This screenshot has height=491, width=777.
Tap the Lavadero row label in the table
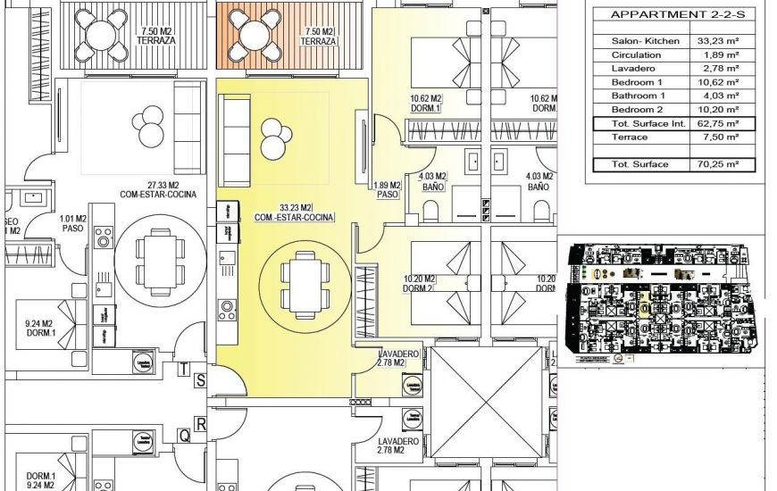[631, 68]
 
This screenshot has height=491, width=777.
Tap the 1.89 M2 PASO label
[387, 189]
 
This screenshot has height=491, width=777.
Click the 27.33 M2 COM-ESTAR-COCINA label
[157, 188]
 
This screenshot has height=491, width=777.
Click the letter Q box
[185, 436]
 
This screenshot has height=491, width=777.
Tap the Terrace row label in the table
[630, 137]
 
